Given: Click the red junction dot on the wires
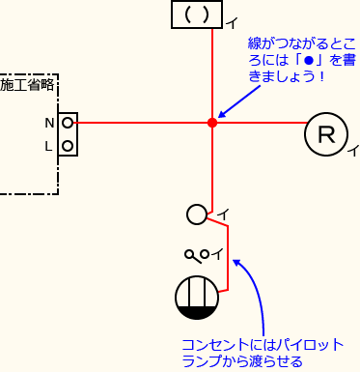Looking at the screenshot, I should coord(211,123).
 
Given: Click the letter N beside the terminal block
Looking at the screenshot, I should coord(48,123).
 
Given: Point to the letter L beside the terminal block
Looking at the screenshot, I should coord(48,147).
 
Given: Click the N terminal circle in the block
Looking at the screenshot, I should coord(68,123).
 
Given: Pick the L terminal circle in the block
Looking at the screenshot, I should coord(68,147).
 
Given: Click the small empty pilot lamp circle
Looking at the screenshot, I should coord(196,215).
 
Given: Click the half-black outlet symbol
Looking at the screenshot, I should coord(197,298).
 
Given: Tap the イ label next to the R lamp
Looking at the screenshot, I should coord(353,151).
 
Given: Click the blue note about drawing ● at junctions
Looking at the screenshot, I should coord(300,59).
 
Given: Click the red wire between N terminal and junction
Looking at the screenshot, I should coord(140,123).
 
